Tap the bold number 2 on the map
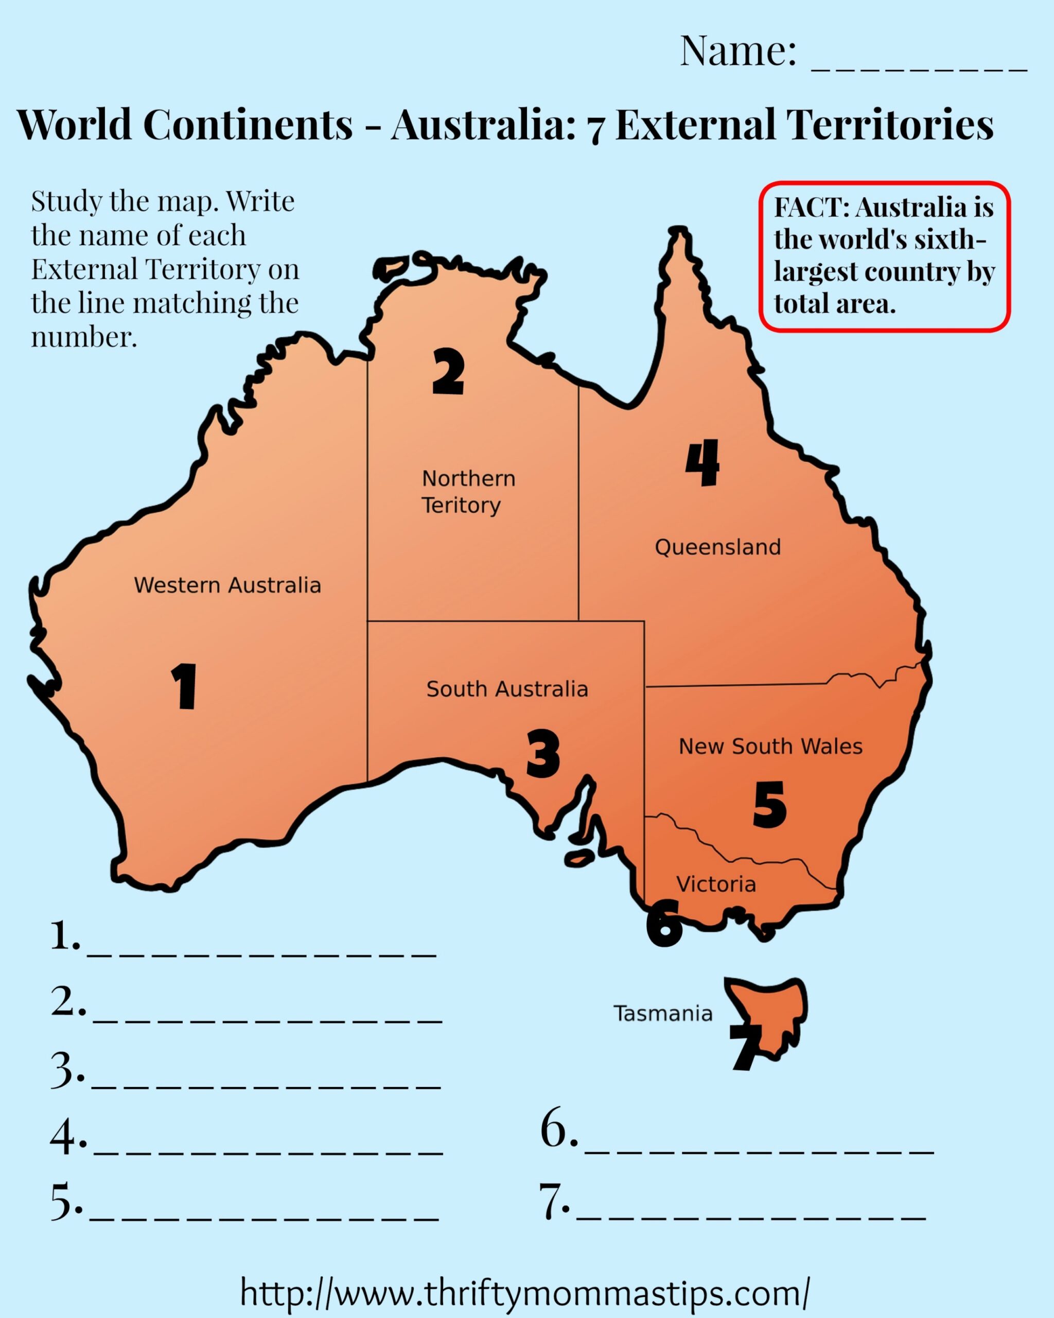click(448, 371)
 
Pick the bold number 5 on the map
click(770, 805)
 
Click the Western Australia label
click(227, 585)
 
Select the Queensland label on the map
click(717, 547)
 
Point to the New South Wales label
click(770, 746)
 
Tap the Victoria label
click(716, 883)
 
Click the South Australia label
click(507, 689)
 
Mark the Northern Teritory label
click(468, 492)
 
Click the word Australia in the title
click(483, 125)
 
